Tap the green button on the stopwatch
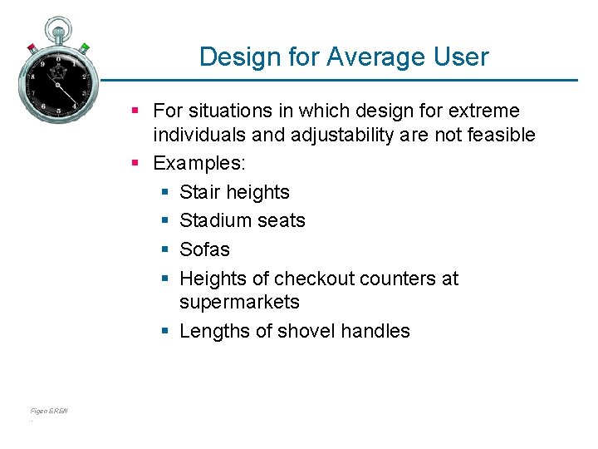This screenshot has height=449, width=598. (x=85, y=47)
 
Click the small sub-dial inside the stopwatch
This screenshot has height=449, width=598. (x=58, y=74)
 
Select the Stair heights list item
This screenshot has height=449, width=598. (x=234, y=192)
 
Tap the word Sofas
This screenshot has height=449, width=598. (x=204, y=249)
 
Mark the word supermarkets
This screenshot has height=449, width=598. (x=239, y=302)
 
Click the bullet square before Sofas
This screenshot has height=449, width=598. (x=164, y=250)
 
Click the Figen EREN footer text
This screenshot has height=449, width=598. (x=49, y=411)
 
